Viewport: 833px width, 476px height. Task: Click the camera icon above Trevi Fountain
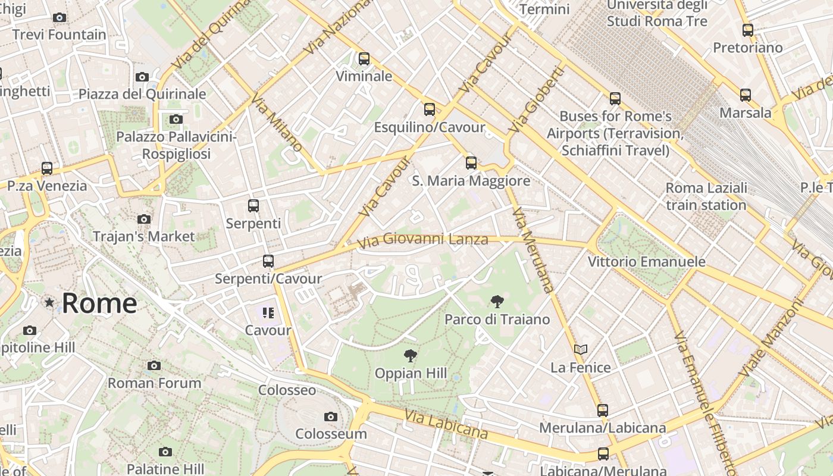(x=59, y=18)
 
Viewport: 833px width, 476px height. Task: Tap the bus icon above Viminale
(x=364, y=59)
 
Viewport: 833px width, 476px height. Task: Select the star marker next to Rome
(x=49, y=303)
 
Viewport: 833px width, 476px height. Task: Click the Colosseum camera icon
(x=331, y=417)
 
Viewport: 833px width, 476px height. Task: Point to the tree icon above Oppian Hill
(x=410, y=356)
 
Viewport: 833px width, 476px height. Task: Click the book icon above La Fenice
(x=581, y=350)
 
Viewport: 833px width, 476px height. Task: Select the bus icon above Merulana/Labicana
(x=603, y=411)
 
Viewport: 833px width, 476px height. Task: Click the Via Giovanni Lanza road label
(x=422, y=240)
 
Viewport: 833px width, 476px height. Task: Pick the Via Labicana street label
(x=446, y=424)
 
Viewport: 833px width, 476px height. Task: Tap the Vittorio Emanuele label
(x=647, y=262)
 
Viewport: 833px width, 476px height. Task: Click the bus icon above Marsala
(x=746, y=95)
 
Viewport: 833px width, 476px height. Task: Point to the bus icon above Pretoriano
(x=748, y=30)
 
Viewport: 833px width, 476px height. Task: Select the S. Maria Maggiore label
(x=471, y=181)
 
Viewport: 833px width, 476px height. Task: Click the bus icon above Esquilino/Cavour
(x=430, y=109)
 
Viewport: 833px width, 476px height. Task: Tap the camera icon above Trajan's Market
(x=143, y=220)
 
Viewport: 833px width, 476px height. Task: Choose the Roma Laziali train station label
(x=706, y=197)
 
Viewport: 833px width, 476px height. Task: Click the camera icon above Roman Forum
(x=154, y=365)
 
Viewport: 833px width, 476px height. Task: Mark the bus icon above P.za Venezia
(x=47, y=168)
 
